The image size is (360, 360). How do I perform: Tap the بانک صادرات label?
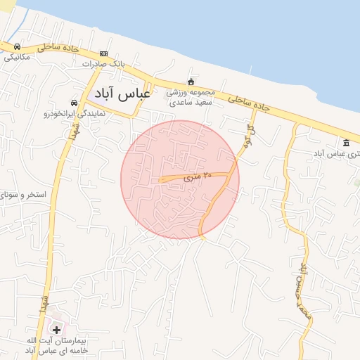[103, 64]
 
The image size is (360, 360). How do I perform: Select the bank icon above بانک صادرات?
[103, 54]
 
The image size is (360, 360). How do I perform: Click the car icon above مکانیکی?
[17, 47]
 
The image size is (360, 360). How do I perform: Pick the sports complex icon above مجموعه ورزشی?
[190, 82]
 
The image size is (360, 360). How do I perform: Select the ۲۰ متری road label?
[198, 178]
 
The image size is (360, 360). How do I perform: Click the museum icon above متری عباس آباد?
[346, 143]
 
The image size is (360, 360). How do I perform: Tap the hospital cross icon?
[56, 329]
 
